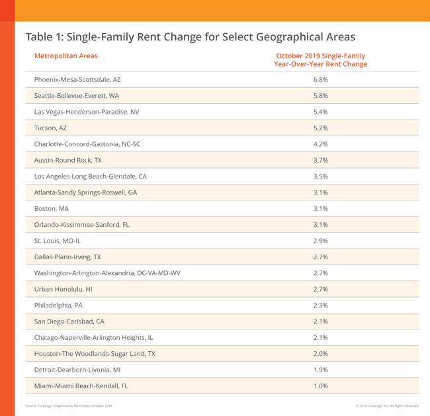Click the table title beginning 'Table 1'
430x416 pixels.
pos(190,37)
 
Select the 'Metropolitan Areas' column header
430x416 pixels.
pos(65,56)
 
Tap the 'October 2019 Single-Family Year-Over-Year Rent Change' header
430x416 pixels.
pos(320,60)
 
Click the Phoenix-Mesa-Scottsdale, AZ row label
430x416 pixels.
pos(77,79)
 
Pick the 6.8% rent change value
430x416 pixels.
pos(320,79)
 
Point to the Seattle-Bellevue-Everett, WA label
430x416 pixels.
pos(77,96)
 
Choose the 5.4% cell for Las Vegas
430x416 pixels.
pos(320,112)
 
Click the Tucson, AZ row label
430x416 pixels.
pos(50,128)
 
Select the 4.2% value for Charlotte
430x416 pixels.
pos(320,144)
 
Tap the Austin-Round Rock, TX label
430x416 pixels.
pos(67,160)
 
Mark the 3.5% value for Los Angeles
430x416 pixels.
pos(320,177)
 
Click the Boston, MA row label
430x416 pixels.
pos(51,208)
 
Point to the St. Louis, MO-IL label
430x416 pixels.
pos(58,241)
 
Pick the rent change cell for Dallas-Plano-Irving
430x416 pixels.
pos(320,257)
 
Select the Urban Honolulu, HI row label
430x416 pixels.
pos(63,289)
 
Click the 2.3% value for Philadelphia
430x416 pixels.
pos(320,306)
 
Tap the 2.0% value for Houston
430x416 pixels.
pos(320,354)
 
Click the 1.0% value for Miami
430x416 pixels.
pos(320,386)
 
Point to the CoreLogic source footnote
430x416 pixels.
pos(69,405)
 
